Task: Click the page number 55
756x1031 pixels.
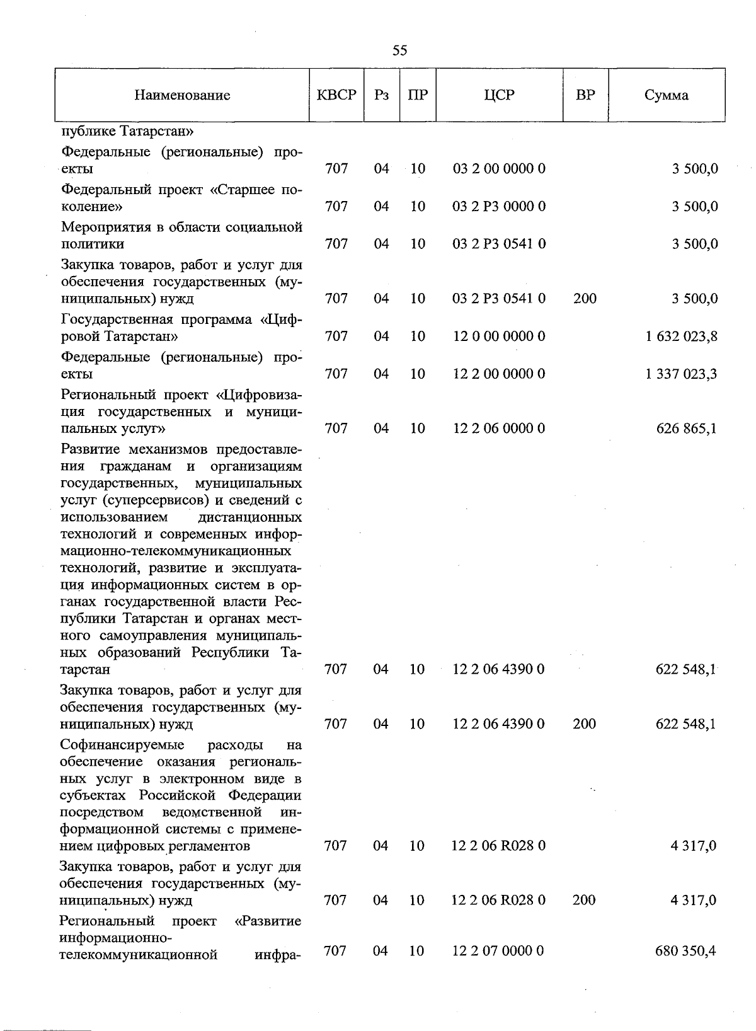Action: coord(399,51)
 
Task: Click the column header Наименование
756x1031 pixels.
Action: coord(182,95)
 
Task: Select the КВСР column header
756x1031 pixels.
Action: coord(336,95)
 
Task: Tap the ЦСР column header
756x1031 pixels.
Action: coord(499,95)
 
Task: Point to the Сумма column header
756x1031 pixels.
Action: coord(666,95)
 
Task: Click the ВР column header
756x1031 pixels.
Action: coord(585,95)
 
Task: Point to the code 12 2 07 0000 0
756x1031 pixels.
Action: coord(498,951)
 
